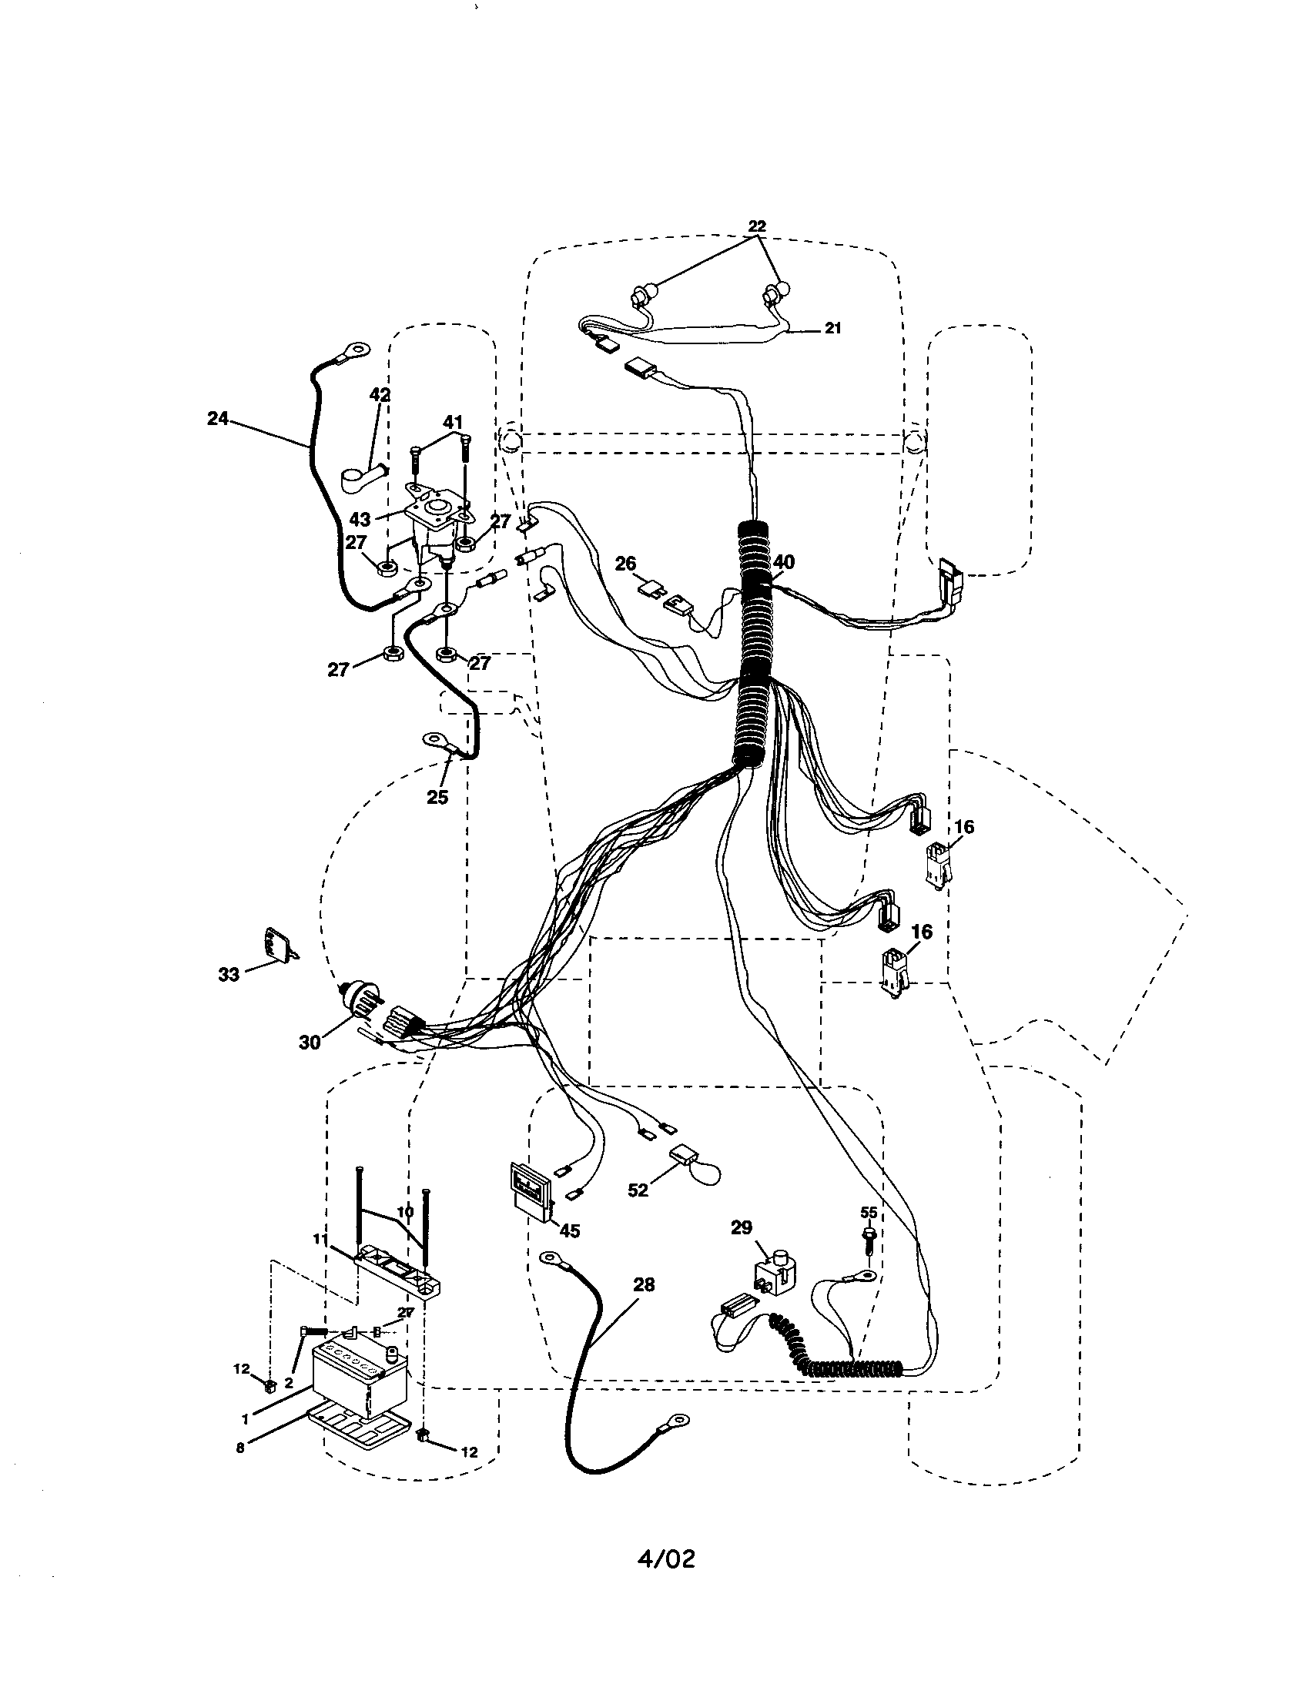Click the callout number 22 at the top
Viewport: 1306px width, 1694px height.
[757, 226]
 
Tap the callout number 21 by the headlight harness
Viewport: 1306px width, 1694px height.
[832, 328]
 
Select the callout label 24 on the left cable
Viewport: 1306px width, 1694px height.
[218, 418]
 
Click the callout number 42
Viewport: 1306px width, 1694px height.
[379, 395]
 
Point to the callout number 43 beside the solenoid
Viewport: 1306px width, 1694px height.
[360, 519]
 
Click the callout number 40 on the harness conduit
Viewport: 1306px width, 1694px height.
[784, 562]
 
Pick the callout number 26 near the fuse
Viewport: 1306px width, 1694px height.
[625, 563]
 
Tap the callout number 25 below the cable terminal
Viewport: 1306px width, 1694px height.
[437, 797]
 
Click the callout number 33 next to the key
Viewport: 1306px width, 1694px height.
[229, 974]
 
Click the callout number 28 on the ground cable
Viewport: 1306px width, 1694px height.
[644, 1284]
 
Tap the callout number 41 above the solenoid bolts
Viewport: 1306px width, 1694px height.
[453, 422]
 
